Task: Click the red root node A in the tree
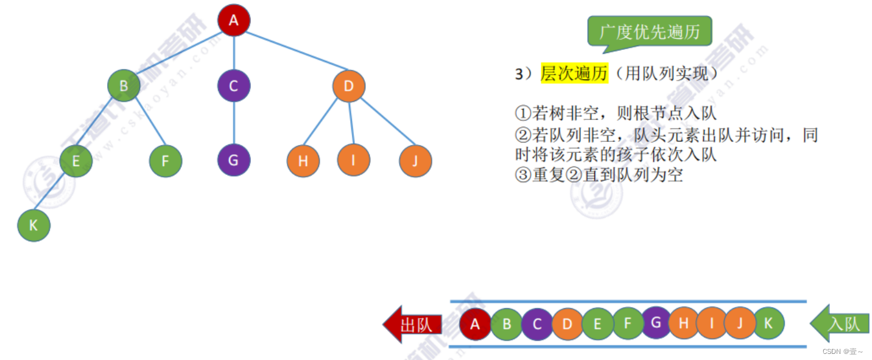pos(234,20)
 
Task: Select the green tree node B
pos(124,86)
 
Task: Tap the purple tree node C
pos(234,86)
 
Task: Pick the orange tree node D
pos(349,86)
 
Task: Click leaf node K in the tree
pos(33,225)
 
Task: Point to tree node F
pos(166,161)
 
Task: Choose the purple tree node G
pos(234,161)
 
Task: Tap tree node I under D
pos(354,161)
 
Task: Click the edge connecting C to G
pos(234,123)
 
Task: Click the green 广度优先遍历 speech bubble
pos(649,32)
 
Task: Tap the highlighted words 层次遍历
pos(574,74)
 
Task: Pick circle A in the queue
pos(476,325)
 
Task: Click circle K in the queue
pos(768,324)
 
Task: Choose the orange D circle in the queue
pos(568,325)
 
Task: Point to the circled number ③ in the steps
pos(523,175)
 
